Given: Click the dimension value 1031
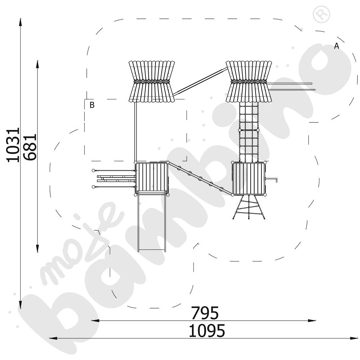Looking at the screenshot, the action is coord(13,145).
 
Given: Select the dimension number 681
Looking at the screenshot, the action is coord(30,147).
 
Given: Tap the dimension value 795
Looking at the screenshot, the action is coord(205,313).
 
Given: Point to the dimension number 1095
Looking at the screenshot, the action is coord(207,330).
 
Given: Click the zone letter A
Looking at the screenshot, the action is coord(336,46).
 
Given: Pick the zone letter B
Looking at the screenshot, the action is coord(92,105).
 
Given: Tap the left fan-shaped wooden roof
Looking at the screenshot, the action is coord(152,81).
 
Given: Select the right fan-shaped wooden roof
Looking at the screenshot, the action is coord(249,81).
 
